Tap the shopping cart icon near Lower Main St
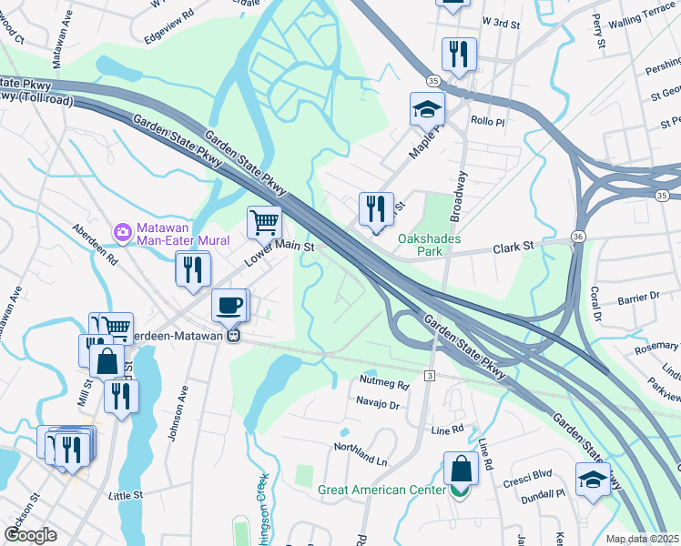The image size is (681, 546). click(x=264, y=221)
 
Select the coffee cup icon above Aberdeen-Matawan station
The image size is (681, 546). click(x=229, y=305)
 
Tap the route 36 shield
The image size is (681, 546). click(x=579, y=236)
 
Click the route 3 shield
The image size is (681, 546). click(x=429, y=375)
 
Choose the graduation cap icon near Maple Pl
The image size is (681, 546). click(x=427, y=109)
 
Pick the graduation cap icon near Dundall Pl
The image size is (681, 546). click(x=593, y=479)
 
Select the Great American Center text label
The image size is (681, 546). click(x=381, y=490)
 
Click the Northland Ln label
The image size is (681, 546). click(x=360, y=447)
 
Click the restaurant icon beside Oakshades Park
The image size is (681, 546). click(x=376, y=209)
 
